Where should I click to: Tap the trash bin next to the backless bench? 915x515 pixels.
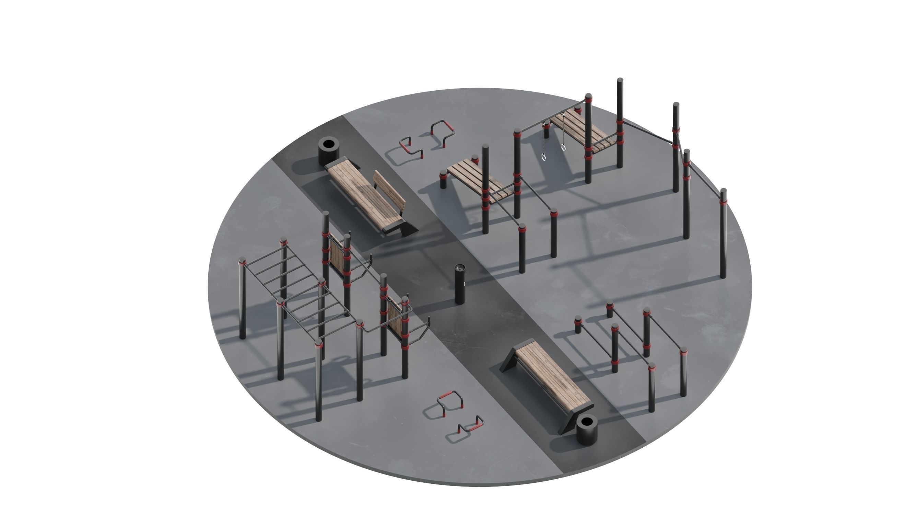[586, 431]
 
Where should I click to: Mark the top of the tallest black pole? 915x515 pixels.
[620, 81]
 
